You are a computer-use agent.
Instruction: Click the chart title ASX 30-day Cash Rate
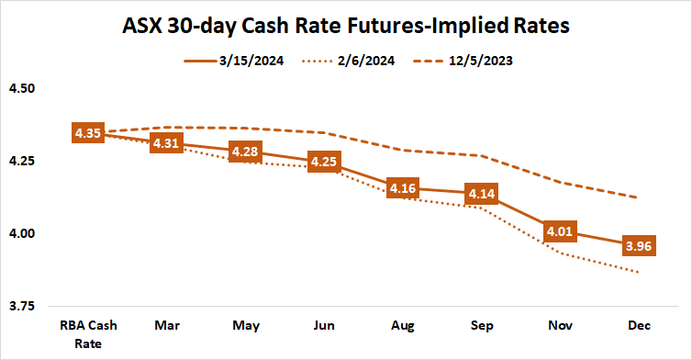coord(346,27)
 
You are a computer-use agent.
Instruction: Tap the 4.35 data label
coord(89,133)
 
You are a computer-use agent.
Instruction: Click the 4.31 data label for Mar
coord(168,144)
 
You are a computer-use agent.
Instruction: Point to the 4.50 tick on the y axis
coord(21,89)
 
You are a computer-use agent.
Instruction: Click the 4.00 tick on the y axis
coord(21,233)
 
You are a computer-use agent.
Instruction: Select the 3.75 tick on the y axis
coord(21,305)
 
